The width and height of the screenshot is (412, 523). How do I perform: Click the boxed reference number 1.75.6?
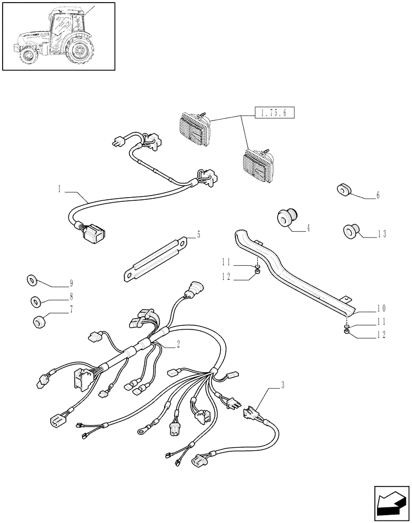pyautogui.click(x=274, y=112)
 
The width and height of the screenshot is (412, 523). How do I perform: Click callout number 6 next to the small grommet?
pyautogui.click(x=377, y=196)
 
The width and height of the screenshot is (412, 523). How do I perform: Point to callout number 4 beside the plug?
pyautogui.click(x=308, y=228)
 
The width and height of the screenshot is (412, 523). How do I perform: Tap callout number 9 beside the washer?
pyautogui.click(x=71, y=284)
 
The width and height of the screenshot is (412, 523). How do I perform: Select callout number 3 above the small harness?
pyautogui.click(x=282, y=386)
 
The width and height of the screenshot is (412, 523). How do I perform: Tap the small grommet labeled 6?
pyautogui.click(x=343, y=190)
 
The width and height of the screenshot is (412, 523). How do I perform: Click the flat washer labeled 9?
pyautogui.click(x=32, y=281)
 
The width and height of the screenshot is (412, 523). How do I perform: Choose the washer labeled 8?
pyautogui.click(x=36, y=302)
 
